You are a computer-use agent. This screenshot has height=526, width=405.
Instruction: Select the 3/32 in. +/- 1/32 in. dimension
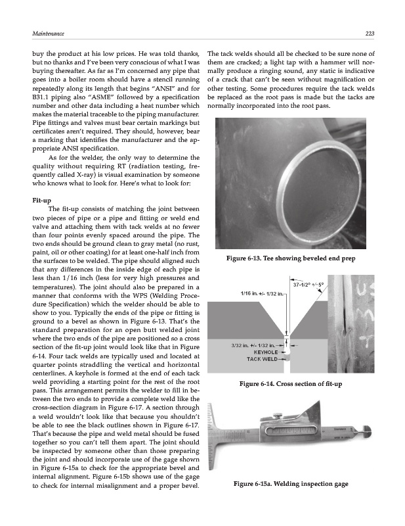pos(252,345)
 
